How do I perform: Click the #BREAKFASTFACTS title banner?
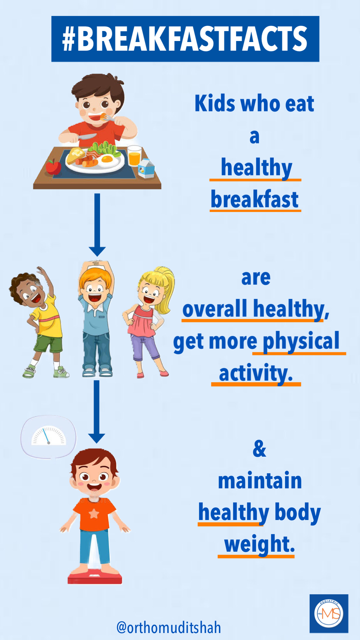tap(185, 39)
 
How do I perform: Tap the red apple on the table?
tap(53, 167)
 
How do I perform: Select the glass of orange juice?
tap(134, 156)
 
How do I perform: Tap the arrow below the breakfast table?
tap(97, 225)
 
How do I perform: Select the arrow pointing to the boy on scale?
tap(97, 412)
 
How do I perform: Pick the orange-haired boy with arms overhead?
tap(96, 318)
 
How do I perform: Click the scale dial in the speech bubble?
tap(49, 436)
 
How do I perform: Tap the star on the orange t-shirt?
tap(94, 514)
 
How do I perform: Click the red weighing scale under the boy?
tap(95, 576)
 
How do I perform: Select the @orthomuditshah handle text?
tap(169, 628)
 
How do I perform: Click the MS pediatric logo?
tap(329, 614)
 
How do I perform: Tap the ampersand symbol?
tap(260, 449)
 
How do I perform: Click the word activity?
tap(256, 373)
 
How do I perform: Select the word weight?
tap(260, 544)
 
